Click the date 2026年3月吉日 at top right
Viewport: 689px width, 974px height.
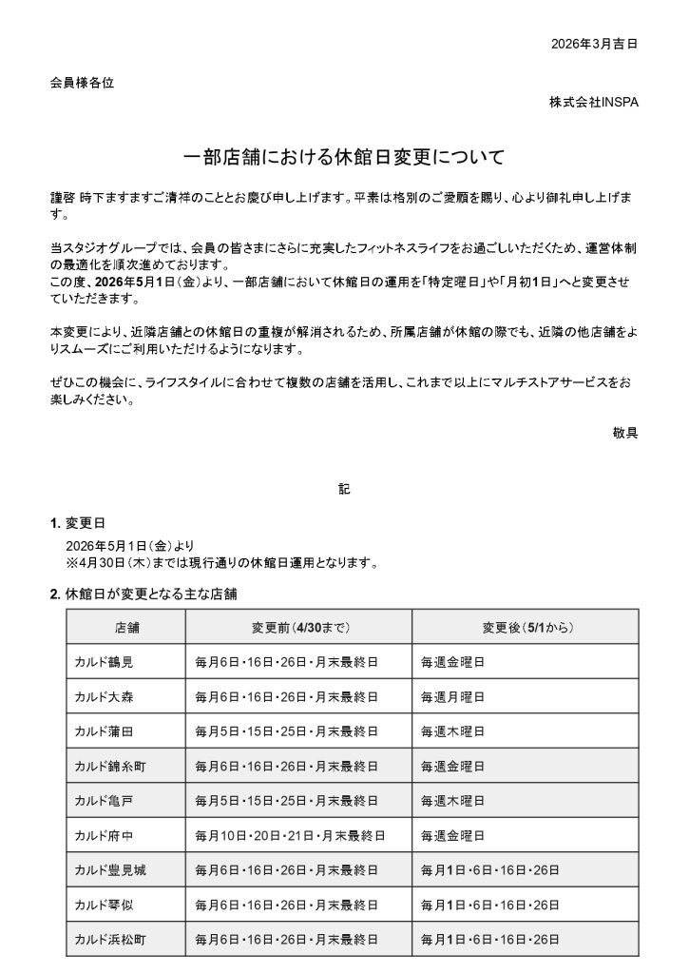click(593, 44)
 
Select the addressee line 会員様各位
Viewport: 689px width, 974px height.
click(82, 83)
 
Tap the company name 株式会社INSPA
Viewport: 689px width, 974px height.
click(593, 102)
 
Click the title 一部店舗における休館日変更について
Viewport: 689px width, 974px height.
click(343, 156)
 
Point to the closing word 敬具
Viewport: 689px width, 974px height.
click(625, 431)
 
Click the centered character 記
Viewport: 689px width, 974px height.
click(343, 489)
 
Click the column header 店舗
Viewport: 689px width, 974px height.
click(126, 628)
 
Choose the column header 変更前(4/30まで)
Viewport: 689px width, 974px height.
click(298, 628)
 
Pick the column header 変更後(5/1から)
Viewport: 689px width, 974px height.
click(526, 628)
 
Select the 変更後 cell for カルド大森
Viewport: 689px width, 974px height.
click(453, 697)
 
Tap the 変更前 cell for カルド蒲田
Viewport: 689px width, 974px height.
click(286, 731)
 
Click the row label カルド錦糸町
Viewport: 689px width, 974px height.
click(109, 766)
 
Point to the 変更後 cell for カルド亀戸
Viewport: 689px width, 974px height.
click(453, 801)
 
